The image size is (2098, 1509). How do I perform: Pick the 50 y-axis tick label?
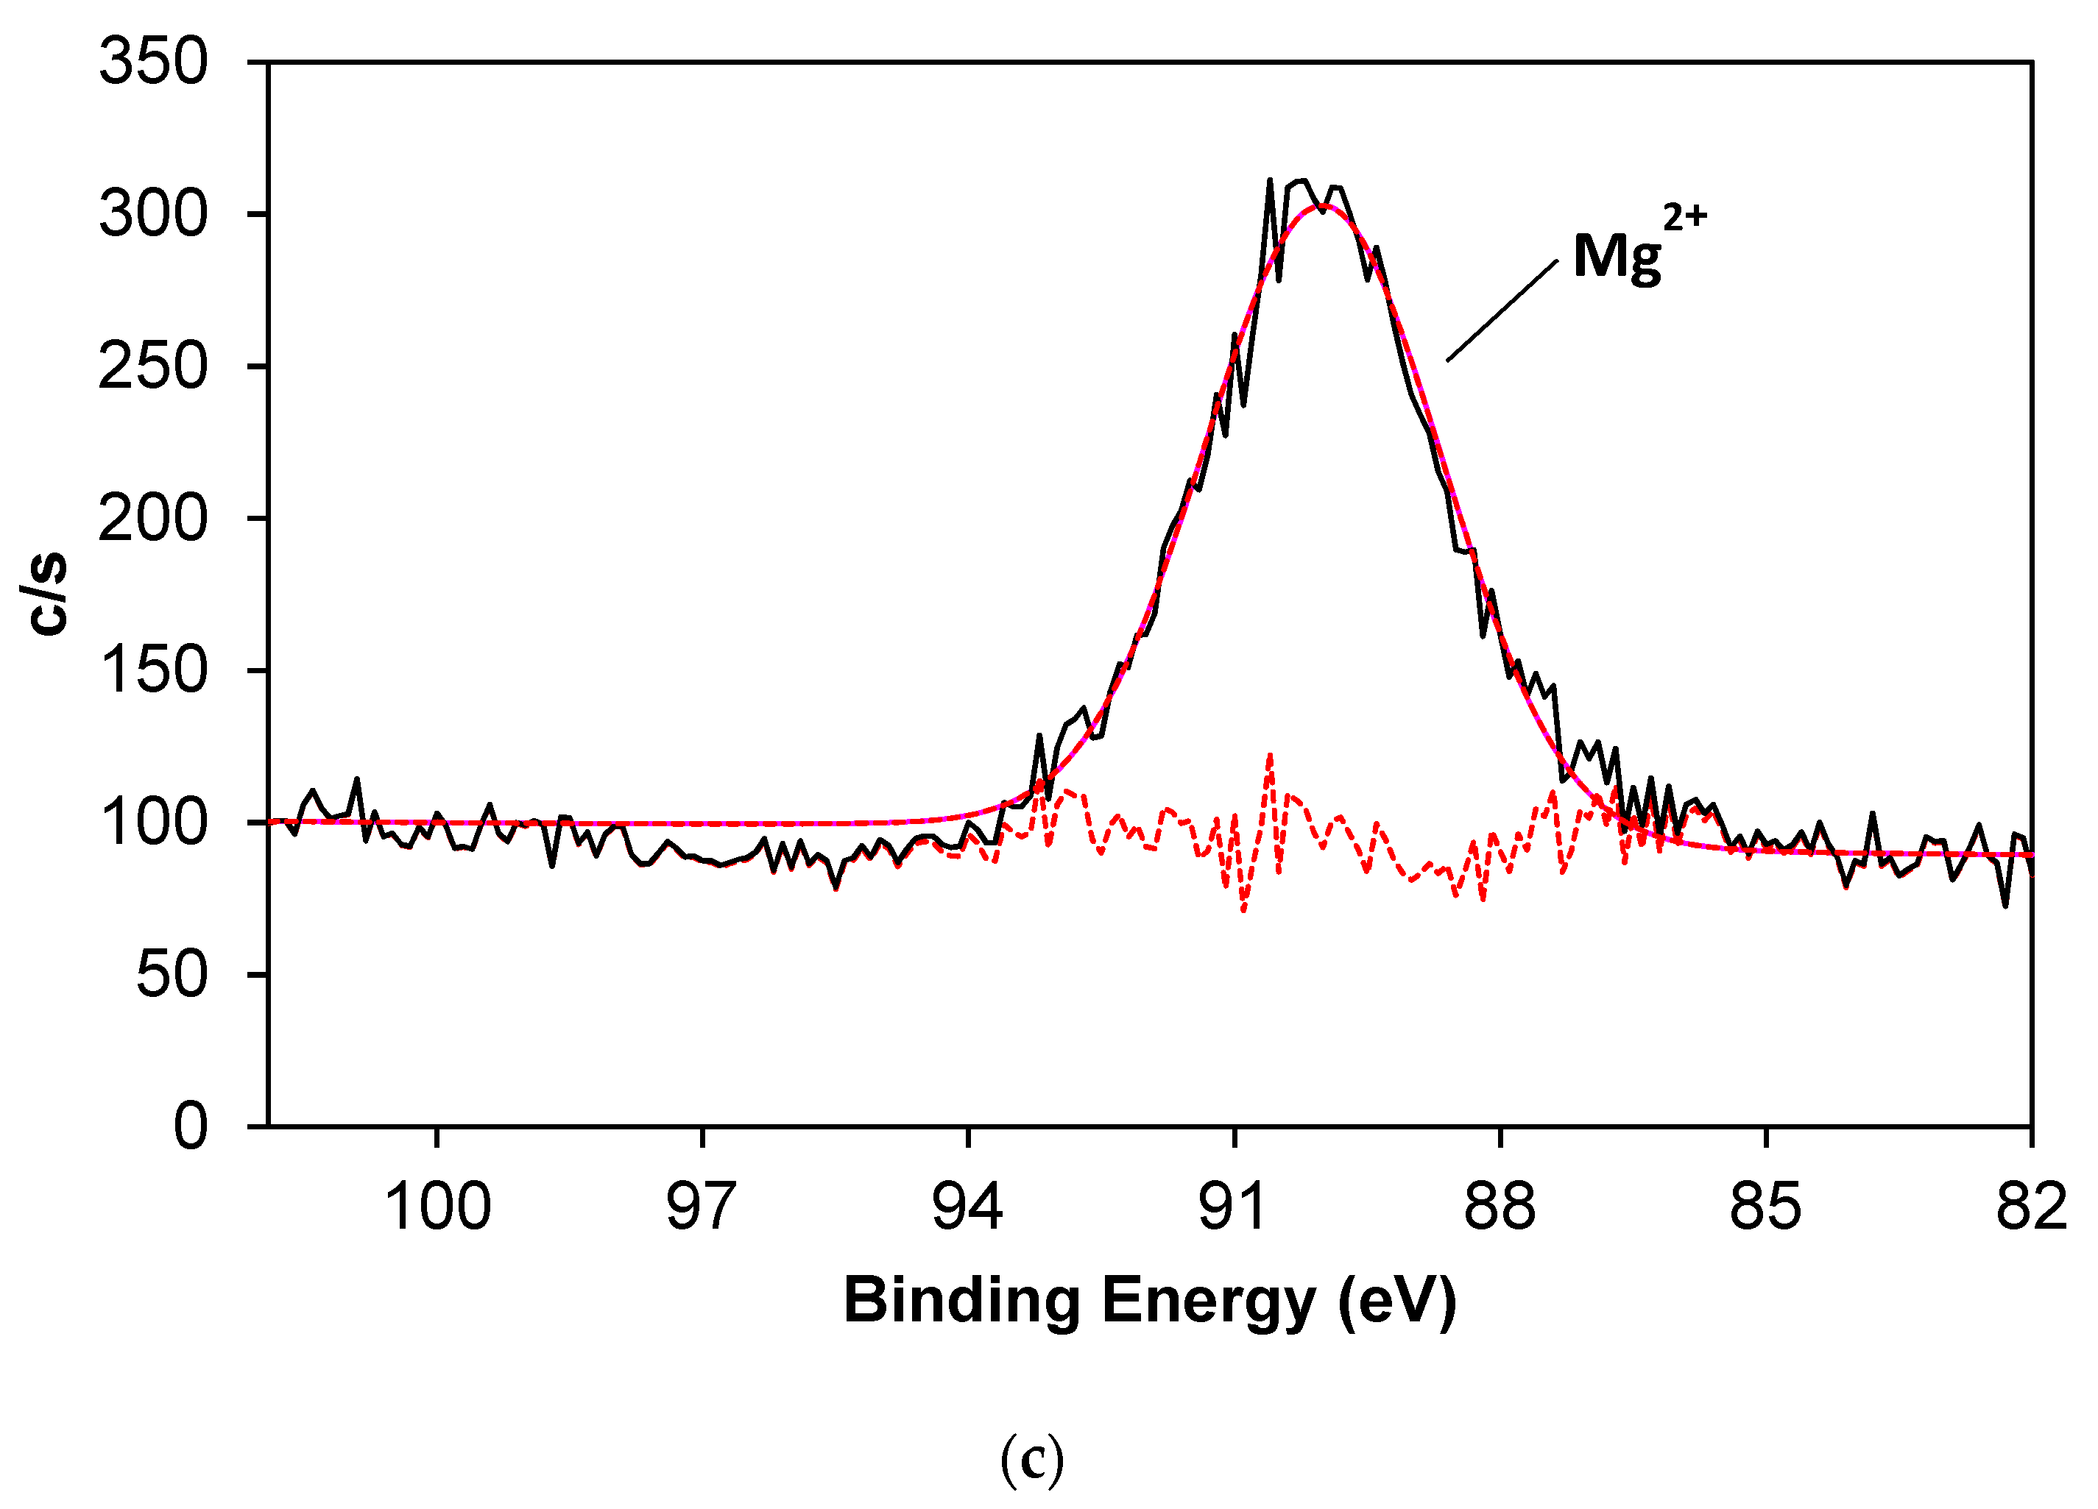(x=172, y=975)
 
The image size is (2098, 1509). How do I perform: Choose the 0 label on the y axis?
(x=191, y=1127)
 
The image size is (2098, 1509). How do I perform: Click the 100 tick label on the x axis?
(x=437, y=1207)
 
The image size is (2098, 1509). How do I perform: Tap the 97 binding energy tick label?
(x=702, y=1207)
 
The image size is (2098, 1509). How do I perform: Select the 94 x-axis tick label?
(x=967, y=1207)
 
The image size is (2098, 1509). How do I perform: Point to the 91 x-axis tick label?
(x=1233, y=1207)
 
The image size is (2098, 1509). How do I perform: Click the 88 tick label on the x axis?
(x=1500, y=1207)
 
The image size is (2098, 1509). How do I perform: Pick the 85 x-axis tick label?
(x=1766, y=1207)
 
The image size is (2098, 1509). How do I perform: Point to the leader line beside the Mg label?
(x=1501, y=310)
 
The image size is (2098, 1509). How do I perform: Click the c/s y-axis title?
(x=48, y=594)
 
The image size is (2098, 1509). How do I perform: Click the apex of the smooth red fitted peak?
(x=1324, y=205)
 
